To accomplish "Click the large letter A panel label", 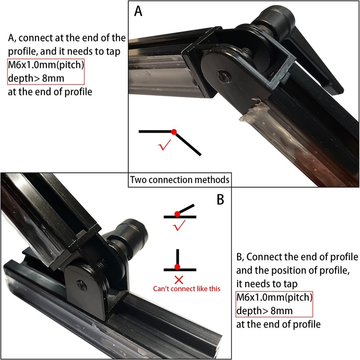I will pos(139,11).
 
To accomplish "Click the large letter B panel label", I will pos(220,199).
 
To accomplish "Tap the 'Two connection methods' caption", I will pos(180,180).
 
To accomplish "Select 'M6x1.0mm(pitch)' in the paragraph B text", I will pos(274,298).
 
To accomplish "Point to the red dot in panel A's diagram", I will pos(174,132).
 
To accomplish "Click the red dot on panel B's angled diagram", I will pos(178,213).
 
